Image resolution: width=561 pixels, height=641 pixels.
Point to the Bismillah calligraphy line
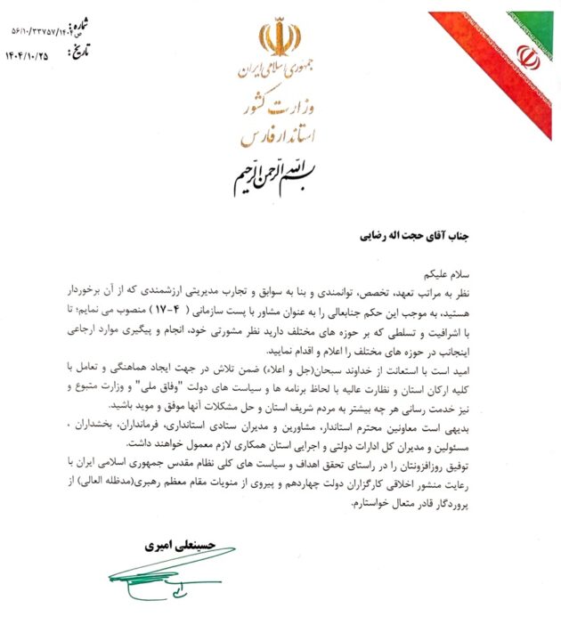point(280,174)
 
